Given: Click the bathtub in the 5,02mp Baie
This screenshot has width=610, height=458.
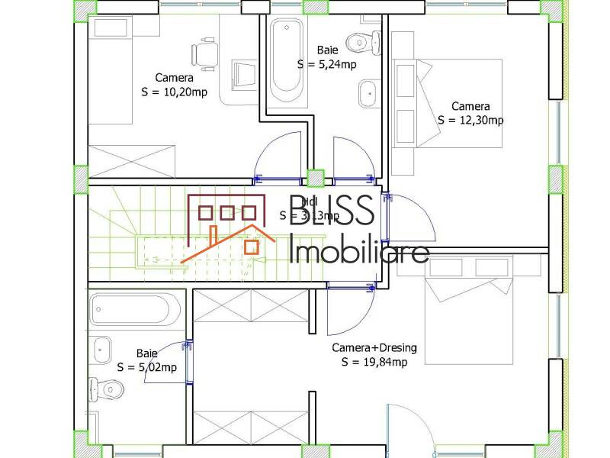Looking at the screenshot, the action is pyautogui.click(x=134, y=310).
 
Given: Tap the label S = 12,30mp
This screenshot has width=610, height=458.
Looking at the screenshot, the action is pyautogui.click(x=470, y=120).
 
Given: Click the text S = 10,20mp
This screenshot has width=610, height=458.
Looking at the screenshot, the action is pyautogui.click(x=175, y=92).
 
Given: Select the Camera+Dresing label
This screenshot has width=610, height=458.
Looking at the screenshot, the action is pyautogui.click(x=374, y=348).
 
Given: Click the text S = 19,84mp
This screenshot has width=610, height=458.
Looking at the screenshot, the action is pyautogui.click(x=374, y=362).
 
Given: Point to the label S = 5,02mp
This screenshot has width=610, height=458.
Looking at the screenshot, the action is pyautogui.click(x=147, y=367).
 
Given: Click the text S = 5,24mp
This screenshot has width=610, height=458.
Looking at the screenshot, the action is pyautogui.click(x=327, y=64).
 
